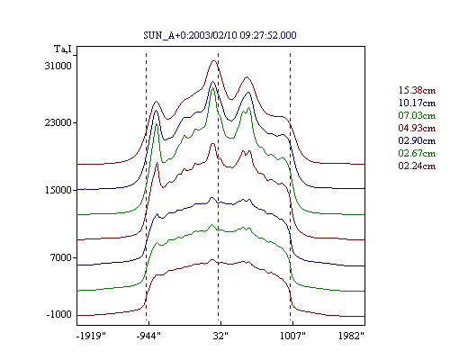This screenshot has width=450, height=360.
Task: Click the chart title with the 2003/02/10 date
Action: [220, 35]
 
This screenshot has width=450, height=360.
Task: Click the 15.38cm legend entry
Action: [417, 90]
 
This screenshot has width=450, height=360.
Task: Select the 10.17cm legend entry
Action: [417, 103]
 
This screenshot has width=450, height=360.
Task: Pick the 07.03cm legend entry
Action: [417, 115]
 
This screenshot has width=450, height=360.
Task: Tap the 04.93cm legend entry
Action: [417, 128]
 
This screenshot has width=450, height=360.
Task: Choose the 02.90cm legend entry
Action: [417, 140]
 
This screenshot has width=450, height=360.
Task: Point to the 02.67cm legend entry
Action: [417, 153]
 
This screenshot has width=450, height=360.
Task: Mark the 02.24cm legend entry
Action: [417, 166]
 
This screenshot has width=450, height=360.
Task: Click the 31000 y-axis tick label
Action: [58, 66]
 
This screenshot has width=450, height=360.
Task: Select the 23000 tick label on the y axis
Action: [58, 122]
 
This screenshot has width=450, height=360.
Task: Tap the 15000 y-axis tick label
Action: [58, 190]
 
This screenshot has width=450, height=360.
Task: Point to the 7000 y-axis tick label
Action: [61, 257]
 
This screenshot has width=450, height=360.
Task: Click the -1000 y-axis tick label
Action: [58, 314]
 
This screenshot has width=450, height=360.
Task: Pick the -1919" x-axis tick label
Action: [92, 336]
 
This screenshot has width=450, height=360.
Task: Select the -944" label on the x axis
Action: [148, 336]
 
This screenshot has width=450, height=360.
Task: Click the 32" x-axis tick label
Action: [220, 336]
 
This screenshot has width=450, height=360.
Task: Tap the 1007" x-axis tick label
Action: [292, 336]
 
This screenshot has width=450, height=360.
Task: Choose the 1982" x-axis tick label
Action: [351, 336]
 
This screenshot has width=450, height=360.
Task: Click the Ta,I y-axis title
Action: [63, 49]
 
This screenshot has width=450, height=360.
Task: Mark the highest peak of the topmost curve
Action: [213, 60]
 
